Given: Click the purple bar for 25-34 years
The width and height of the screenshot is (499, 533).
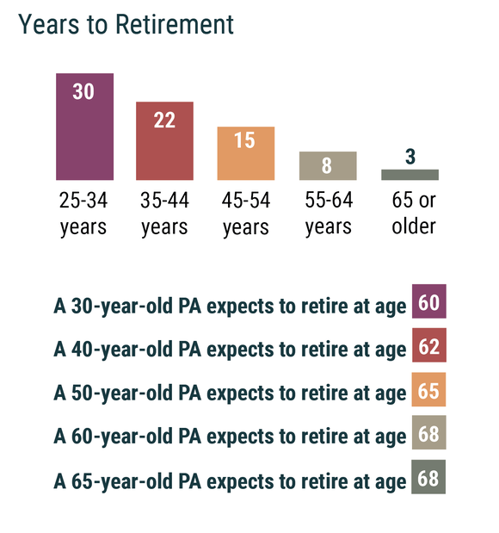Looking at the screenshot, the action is pos(84,127).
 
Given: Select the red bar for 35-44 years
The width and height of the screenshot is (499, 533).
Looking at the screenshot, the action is pos(164,140).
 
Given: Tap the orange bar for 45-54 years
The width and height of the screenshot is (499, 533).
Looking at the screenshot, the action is pos(246,153).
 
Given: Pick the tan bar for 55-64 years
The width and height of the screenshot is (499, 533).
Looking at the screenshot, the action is pos(328,165).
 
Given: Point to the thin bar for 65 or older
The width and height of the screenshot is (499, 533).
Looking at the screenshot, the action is pos(410,175).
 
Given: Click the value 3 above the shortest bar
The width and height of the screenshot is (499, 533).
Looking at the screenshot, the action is pos(410,157).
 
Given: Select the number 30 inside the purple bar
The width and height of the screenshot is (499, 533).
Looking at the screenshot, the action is pos(83,91).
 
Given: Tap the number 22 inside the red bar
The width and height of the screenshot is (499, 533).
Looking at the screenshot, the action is pos(164,120).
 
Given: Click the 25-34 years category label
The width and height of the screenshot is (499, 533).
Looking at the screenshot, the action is pos(83,214).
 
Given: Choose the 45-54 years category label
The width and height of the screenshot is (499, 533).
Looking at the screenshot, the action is pos(246,214).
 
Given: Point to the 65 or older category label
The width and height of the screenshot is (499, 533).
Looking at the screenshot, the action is pos(414,213).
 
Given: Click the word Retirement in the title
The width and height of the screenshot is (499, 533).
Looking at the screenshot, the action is pos(175,24).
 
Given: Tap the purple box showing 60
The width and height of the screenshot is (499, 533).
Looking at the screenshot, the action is pos(429,301).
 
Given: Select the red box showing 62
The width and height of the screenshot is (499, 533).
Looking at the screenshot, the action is pos(429,345).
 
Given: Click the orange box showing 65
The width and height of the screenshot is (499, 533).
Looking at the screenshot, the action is pos(428,389).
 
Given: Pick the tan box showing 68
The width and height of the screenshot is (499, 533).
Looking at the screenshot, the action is pos(429,432).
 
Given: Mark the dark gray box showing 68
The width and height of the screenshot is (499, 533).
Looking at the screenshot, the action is pos(428,476).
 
